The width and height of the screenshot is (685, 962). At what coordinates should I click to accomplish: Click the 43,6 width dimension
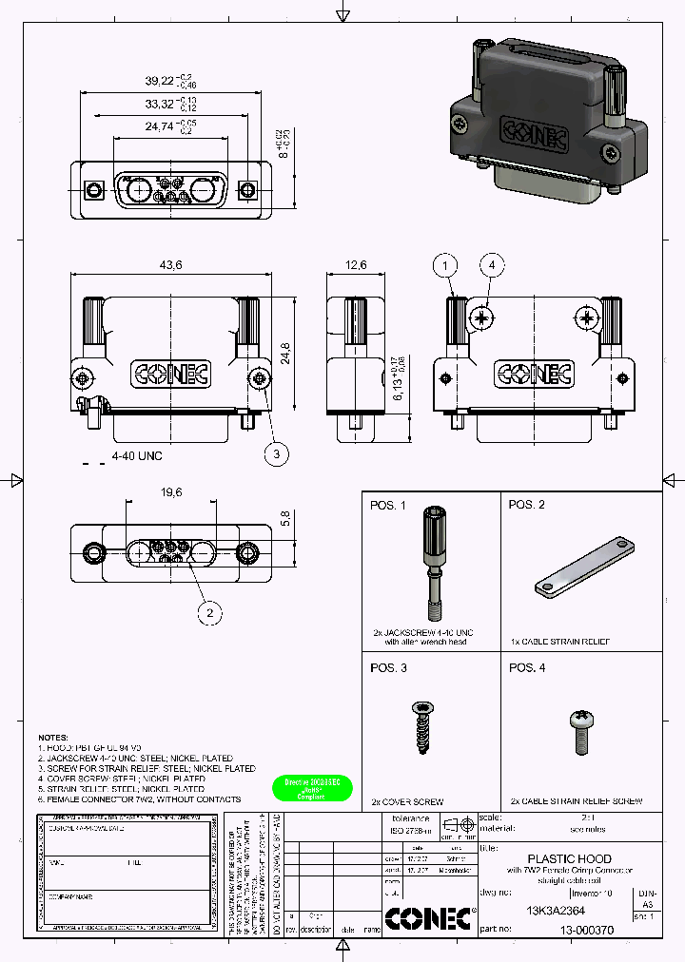click(171, 264)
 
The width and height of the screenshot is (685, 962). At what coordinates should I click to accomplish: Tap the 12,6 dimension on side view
click(354, 264)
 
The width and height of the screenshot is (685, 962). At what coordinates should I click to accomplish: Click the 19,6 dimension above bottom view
click(171, 492)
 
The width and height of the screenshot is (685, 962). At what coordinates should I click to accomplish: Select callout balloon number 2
click(209, 613)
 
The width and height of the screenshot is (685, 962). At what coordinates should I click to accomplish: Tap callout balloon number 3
click(276, 455)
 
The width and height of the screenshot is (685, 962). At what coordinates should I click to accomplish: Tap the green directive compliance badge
click(312, 789)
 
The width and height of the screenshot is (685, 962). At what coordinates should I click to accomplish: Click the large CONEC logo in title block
click(430, 917)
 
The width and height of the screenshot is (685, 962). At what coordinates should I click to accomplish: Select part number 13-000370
click(586, 931)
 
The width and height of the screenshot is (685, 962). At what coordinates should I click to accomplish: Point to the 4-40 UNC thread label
click(137, 456)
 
